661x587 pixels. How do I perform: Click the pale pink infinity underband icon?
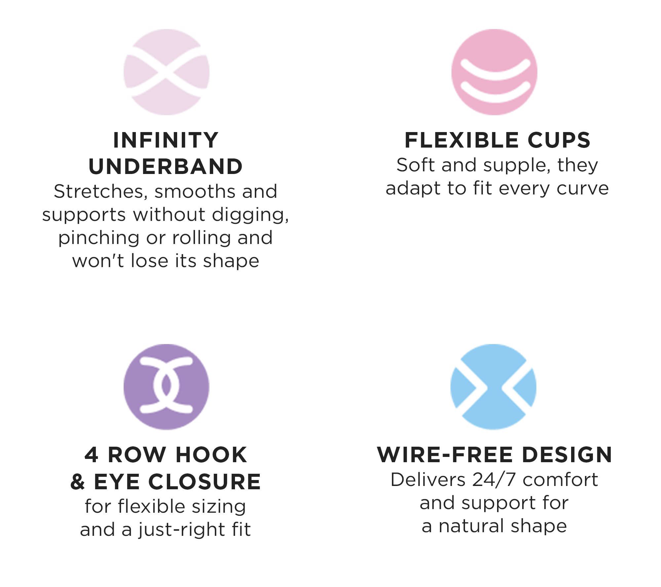(166, 72)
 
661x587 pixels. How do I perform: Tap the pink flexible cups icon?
(494, 72)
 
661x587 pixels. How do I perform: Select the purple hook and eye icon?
(166, 387)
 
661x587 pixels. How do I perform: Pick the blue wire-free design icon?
(493, 387)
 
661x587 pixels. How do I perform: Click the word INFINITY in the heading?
(166, 140)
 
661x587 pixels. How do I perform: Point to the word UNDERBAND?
(166, 166)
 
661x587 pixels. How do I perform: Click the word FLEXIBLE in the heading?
(462, 140)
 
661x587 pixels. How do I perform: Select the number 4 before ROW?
(91, 455)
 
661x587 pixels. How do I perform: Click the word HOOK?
(212, 455)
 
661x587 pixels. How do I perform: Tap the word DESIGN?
(567, 455)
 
